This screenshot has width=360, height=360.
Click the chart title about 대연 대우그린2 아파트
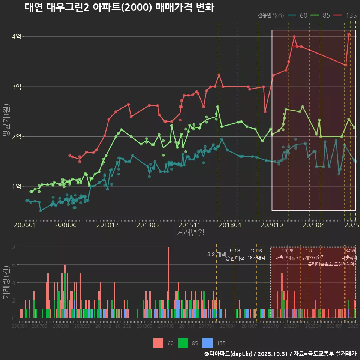tap(119, 7)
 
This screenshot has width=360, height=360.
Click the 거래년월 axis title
tap(190, 233)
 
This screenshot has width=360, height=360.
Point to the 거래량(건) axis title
tap(6, 282)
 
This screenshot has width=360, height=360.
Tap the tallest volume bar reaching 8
tap(168, 282)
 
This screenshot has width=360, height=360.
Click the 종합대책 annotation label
tap(235, 258)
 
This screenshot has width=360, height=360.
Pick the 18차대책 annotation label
tap(256, 258)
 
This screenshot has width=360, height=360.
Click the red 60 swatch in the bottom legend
tap(158, 343)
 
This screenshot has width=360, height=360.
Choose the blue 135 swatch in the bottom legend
tap(207, 343)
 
